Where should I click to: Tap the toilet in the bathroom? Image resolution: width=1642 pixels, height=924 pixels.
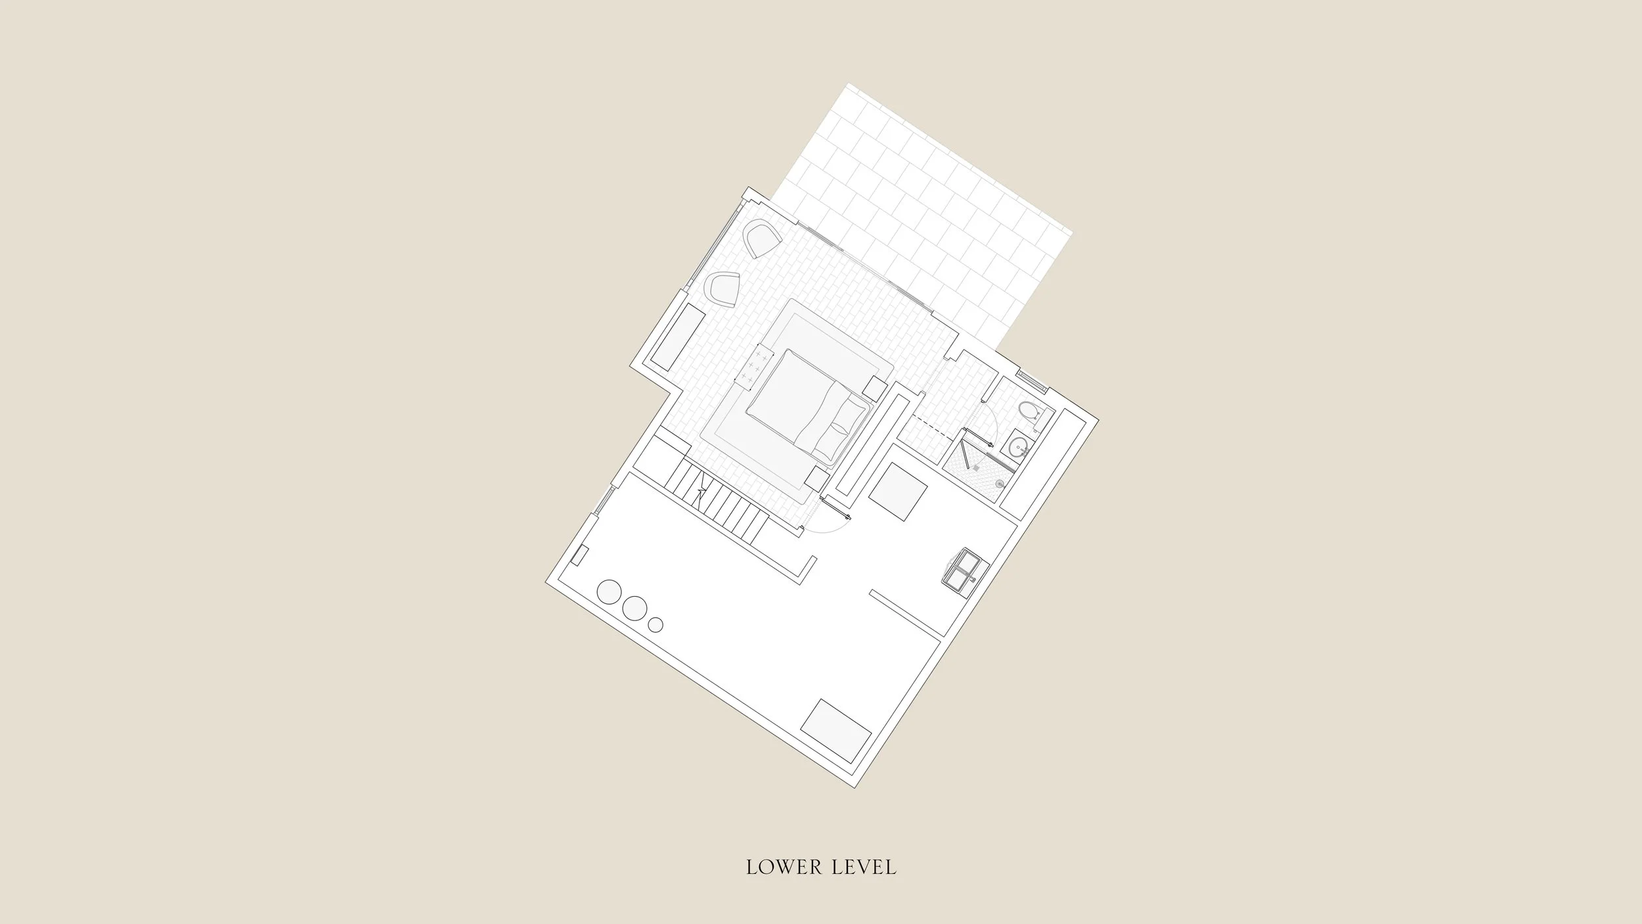pyautogui.click(x=1029, y=412)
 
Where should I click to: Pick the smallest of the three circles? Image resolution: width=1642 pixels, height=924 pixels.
pyautogui.click(x=655, y=625)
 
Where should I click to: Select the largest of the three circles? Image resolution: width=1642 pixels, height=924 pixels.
pyautogui.click(x=609, y=591)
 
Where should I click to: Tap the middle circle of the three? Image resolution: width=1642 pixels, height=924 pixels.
pyautogui.click(x=634, y=608)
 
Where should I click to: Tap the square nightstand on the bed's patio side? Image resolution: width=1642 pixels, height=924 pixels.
pyautogui.click(x=876, y=388)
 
